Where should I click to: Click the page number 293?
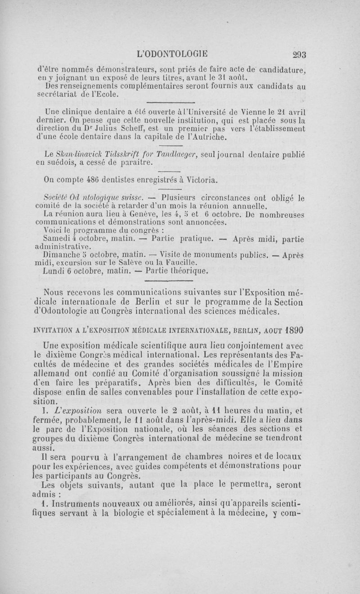(296, 54)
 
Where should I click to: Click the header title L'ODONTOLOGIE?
(173, 54)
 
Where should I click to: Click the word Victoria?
(199, 180)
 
